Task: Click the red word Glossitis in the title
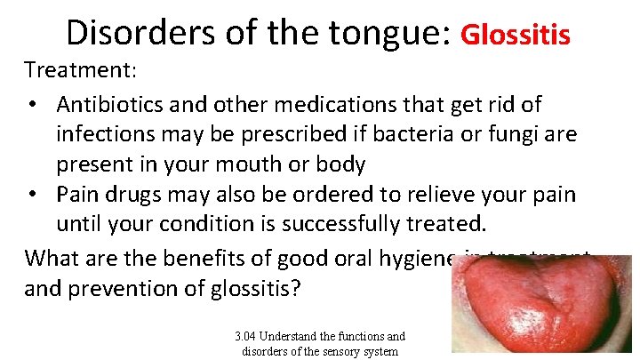pyautogui.click(x=516, y=35)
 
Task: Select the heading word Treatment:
pyautogui.click(x=75, y=70)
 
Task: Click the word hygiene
pyautogui.click(x=410, y=258)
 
